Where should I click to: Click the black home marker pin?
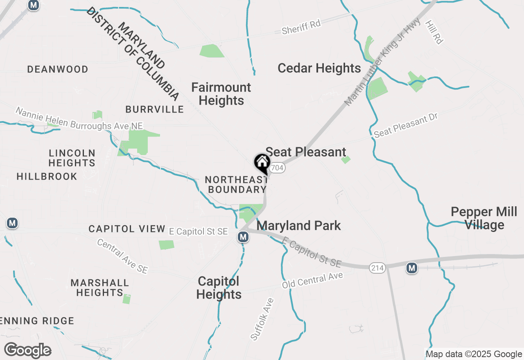pyautogui.click(x=262, y=163)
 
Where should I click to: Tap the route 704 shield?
pyautogui.click(x=278, y=168)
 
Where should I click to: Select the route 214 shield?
pyautogui.click(x=377, y=268)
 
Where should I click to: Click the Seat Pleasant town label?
pyautogui.click(x=306, y=152)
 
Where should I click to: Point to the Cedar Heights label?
pyautogui.click(x=319, y=68)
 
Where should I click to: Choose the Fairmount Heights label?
pyautogui.click(x=221, y=94)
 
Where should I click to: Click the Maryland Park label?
pyautogui.click(x=298, y=226)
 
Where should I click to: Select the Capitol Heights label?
pyautogui.click(x=219, y=288)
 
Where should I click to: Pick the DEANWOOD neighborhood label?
pyautogui.click(x=58, y=70)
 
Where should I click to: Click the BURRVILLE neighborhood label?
pyautogui.click(x=155, y=109)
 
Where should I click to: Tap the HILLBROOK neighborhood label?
pyautogui.click(x=47, y=177)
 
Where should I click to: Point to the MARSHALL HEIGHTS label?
pyautogui.click(x=99, y=288)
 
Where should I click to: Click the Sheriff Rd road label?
pyautogui.click(x=301, y=27)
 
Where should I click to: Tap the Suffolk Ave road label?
pyautogui.click(x=262, y=319)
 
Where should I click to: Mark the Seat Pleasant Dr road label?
pyautogui.click(x=406, y=125)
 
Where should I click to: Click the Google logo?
pyautogui.click(x=27, y=350)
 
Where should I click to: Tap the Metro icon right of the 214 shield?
pyautogui.click(x=412, y=268)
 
